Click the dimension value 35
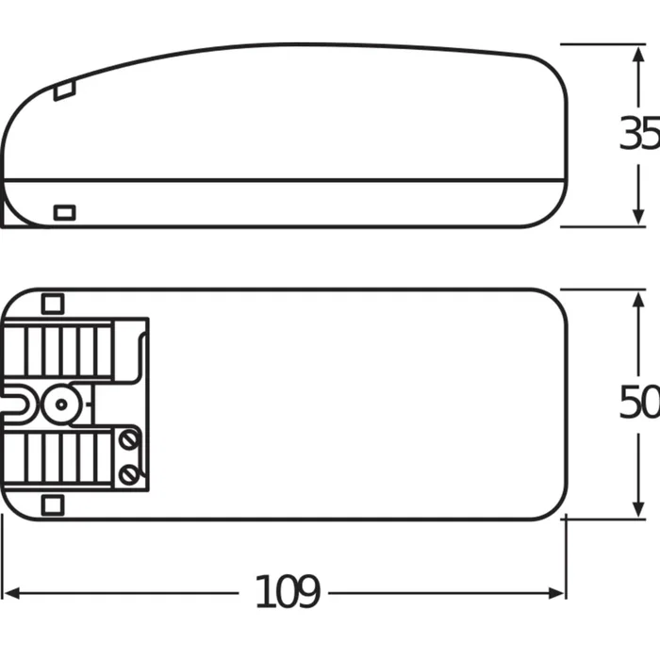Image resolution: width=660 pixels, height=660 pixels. [638, 135]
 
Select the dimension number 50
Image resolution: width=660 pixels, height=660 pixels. [638, 404]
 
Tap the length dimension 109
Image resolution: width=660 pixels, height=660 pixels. [288, 592]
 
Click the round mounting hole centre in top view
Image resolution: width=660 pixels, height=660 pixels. [60, 404]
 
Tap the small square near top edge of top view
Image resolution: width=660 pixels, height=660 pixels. [52, 304]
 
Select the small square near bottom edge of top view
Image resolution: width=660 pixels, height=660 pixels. [52, 504]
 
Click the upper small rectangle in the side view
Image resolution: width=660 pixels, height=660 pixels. [64, 91]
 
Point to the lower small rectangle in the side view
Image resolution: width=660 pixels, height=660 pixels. [64, 211]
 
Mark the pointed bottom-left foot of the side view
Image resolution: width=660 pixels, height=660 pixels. [8, 223]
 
